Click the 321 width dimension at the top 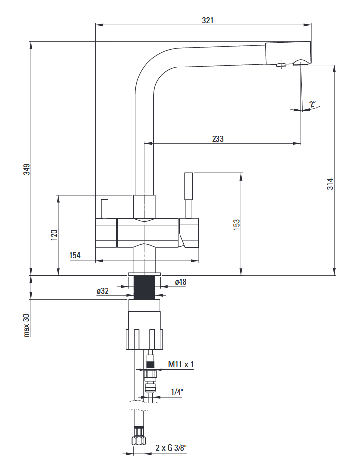coord(208,20)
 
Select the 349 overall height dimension coord(27,169)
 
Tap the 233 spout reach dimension coord(217,139)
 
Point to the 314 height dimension coord(330,184)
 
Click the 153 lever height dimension coord(236,224)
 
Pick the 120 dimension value coord(54,234)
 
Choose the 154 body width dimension coord(75,255)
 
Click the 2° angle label coord(312,104)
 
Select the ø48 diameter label coord(180,282)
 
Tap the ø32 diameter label coord(103,291)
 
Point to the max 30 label coord(27,326)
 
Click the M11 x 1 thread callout coord(181,364)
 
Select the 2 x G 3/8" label coord(171,448)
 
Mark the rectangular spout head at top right coord(288,53)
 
